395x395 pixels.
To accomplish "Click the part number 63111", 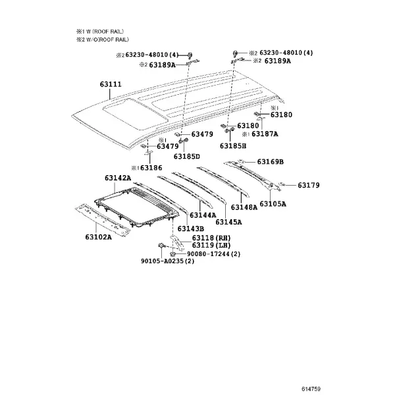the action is coord(111,84).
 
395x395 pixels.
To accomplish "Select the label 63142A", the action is coord(118,178).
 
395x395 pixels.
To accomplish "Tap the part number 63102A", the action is coord(98,237).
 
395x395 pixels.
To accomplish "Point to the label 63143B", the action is coord(191,228).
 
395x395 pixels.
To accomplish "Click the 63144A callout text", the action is coord(203,215).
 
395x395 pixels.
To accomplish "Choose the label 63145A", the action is coord(228,222).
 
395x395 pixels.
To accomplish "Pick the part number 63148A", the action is coord(244,207).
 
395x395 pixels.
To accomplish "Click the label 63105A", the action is coord(273,203).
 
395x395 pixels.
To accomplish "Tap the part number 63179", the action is coord(309,185).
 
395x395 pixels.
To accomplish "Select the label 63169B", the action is coord(271,161).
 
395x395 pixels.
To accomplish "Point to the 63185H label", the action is coord(233,146).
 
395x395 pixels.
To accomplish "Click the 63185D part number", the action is coord(187,157).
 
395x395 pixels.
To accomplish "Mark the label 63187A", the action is coord(265,134).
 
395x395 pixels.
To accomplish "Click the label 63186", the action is coord(151,168).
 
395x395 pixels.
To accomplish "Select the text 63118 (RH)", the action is coord(211,238).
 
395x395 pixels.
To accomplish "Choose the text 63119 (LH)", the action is coord(211,245).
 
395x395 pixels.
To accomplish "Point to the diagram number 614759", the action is coord(311,389).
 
